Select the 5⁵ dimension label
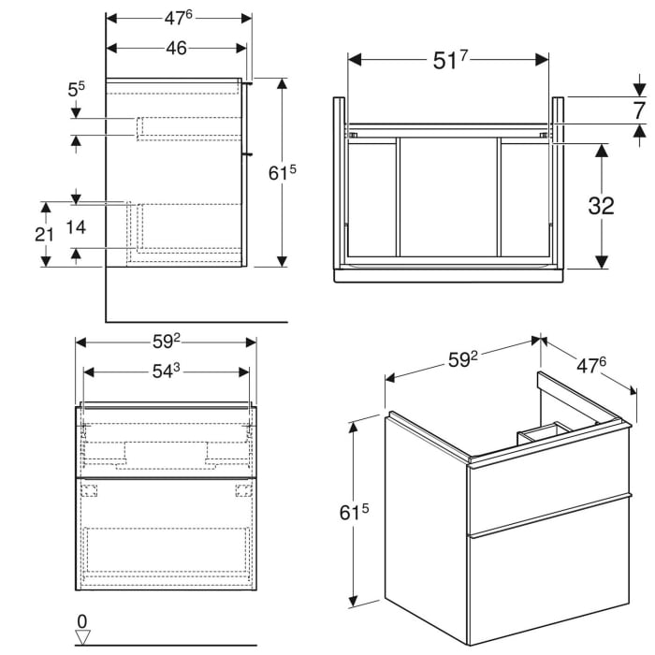coord(76,91)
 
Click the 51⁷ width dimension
coord(450,61)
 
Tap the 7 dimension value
coord(639,110)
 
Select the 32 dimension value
coord(600,205)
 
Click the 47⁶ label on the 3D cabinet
coord(587,364)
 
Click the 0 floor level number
coord(81,620)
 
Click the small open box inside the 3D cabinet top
coord(542,431)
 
